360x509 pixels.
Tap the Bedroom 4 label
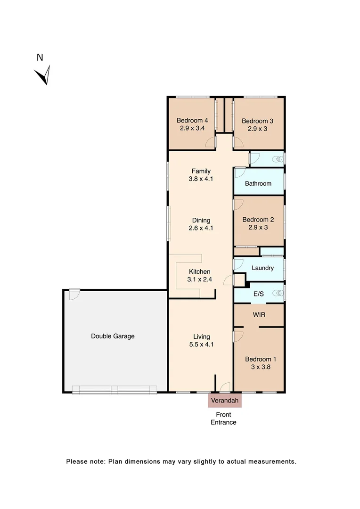tap(192, 120)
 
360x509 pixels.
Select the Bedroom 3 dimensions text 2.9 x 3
tap(257, 129)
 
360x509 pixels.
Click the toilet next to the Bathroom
tap(279, 159)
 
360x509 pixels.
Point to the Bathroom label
tap(258, 183)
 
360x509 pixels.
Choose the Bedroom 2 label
tap(258, 220)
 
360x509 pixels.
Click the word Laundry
tap(262, 268)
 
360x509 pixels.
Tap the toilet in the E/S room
tap(279, 293)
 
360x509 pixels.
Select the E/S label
tap(258, 294)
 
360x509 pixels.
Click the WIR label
tap(259, 314)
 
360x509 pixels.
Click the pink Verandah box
tap(225, 401)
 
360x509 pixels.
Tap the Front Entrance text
tap(223, 419)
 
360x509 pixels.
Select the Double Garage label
tap(113, 336)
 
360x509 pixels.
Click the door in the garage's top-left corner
tap(73, 294)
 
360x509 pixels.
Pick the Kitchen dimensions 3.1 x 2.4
tap(200, 279)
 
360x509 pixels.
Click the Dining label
tap(201, 220)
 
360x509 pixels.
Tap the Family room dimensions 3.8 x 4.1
tap(201, 179)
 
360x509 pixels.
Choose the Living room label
tap(201, 337)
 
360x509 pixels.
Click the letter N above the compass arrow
tap(40, 57)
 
